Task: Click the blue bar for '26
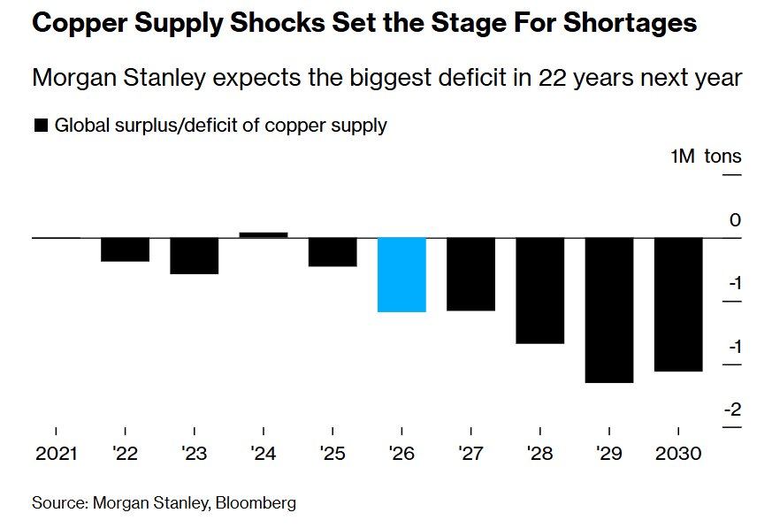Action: pyautogui.click(x=402, y=274)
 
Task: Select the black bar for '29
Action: pyautogui.click(x=610, y=310)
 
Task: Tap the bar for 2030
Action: pyautogui.click(x=679, y=304)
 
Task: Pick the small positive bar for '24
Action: pyautogui.click(x=264, y=234)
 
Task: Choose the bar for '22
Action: pyautogui.click(x=125, y=249)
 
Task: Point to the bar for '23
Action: pyautogui.click(x=194, y=256)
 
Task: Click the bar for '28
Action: pyautogui.click(x=540, y=290)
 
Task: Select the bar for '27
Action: pyautogui.click(x=471, y=274)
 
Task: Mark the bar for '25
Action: pyautogui.click(x=332, y=252)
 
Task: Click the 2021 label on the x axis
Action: pyautogui.click(x=56, y=454)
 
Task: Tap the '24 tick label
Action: pyautogui.click(x=264, y=454)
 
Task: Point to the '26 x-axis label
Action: pyautogui.click(x=402, y=454)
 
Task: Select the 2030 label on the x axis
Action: pyautogui.click(x=679, y=454)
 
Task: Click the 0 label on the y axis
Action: pyautogui.click(x=736, y=219)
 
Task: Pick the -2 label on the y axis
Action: pyautogui.click(x=733, y=409)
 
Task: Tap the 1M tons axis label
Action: pyautogui.click(x=706, y=157)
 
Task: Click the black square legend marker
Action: pyautogui.click(x=40, y=126)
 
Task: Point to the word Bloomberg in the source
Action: pyautogui.click(x=256, y=503)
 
